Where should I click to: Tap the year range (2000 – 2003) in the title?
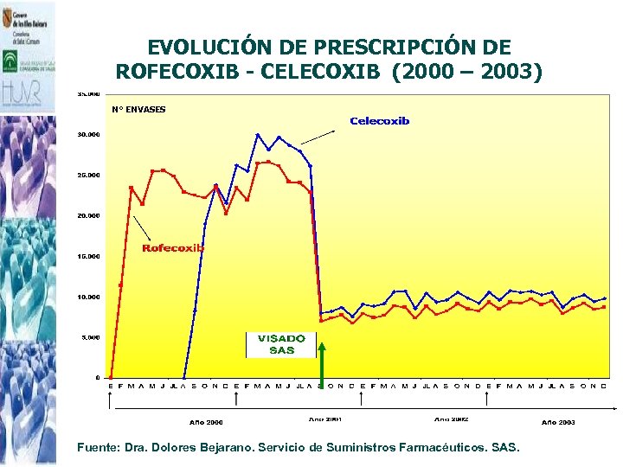pos(467,72)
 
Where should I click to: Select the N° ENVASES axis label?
pos(138,109)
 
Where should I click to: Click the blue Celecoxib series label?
pos(379,121)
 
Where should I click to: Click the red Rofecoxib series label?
pos(173,248)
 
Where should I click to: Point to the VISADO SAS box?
pos(281,344)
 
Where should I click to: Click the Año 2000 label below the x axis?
pos(206,422)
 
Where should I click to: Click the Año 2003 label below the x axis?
pos(558,422)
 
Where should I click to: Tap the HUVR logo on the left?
pos(26,93)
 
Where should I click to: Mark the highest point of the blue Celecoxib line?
pos(258,135)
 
